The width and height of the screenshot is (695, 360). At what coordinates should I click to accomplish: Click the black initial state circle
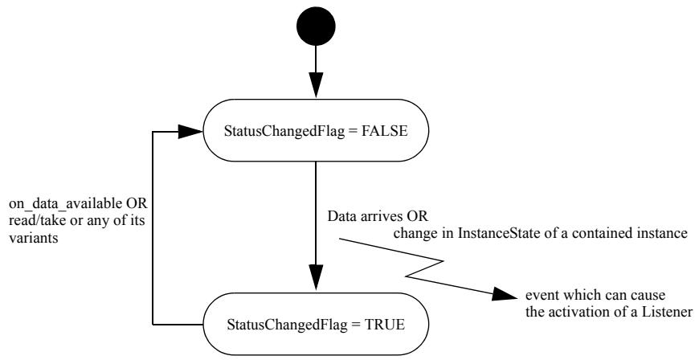click(x=316, y=27)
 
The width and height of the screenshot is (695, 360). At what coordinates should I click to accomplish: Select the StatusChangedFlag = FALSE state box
click(x=316, y=130)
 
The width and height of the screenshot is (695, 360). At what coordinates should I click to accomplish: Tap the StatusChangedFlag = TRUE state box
click(x=316, y=324)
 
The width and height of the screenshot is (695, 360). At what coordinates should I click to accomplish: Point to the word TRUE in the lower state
click(x=385, y=325)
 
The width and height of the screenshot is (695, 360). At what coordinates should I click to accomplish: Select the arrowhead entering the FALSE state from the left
click(x=190, y=131)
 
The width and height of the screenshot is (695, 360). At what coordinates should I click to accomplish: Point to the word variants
click(x=33, y=237)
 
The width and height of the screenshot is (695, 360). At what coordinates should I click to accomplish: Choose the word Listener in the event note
click(x=666, y=312)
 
